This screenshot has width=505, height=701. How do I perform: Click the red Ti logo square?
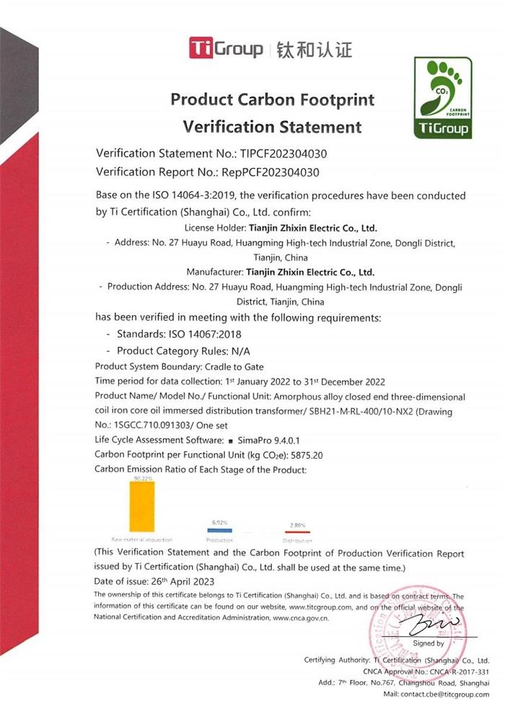click(x=198, y=48)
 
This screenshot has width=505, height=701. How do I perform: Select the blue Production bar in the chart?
click(x=219, y=530)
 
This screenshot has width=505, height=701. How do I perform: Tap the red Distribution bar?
click(x=297, y=532)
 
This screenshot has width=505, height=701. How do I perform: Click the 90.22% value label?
click(x=141, y=478)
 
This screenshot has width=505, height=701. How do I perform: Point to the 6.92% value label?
click(x=219, y=521)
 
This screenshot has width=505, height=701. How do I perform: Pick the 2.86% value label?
click(x=297, y=525)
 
